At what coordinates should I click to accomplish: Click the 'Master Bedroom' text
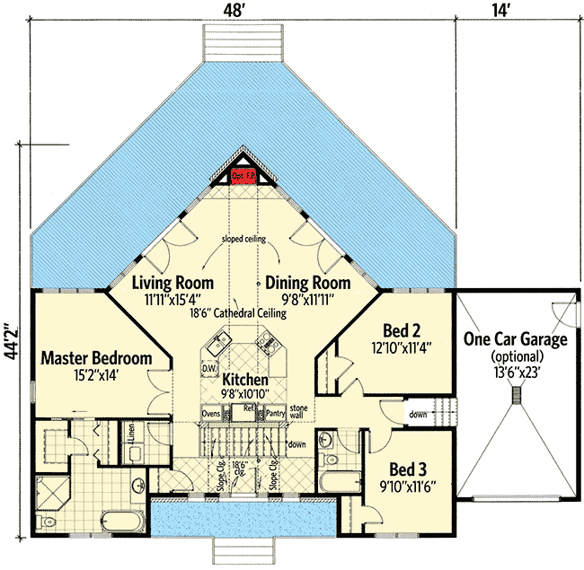coord(96,358)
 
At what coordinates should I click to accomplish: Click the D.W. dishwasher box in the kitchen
coord(208,369)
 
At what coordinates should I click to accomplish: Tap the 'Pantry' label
coord(276,413)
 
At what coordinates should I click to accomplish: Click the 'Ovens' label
coord(211,413)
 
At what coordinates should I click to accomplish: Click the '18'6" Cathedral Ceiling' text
coord(237,313)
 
